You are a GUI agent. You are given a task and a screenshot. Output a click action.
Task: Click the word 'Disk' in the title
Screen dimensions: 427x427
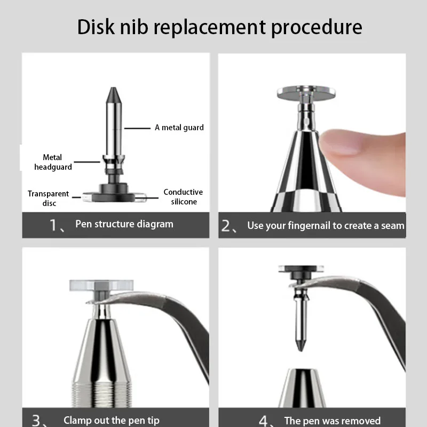96,27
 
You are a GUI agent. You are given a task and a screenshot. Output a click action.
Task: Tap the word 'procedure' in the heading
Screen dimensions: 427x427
317,28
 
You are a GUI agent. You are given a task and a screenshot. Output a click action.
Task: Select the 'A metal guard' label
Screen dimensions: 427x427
179,128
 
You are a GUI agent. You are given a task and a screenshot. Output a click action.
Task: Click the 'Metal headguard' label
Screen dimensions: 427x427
53,162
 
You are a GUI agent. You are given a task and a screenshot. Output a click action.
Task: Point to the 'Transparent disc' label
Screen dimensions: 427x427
49,198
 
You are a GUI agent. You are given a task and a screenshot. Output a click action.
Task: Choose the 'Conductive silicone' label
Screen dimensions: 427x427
183,196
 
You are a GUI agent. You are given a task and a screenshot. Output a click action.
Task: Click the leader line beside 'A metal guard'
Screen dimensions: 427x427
137,128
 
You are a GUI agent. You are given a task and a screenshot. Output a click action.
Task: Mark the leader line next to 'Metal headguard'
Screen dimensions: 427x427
87,162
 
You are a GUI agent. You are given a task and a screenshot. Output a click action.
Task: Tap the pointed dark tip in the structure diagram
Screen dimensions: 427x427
113,94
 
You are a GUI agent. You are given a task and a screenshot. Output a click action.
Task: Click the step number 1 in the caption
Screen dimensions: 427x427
53,225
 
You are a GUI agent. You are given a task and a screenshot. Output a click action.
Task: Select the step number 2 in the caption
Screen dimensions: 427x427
226,226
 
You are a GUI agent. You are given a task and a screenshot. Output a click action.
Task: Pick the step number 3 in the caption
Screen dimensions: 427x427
36,421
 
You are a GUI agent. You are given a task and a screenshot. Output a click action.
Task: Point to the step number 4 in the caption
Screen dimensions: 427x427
263,421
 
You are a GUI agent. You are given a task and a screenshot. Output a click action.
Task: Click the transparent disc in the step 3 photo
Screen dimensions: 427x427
101,285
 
